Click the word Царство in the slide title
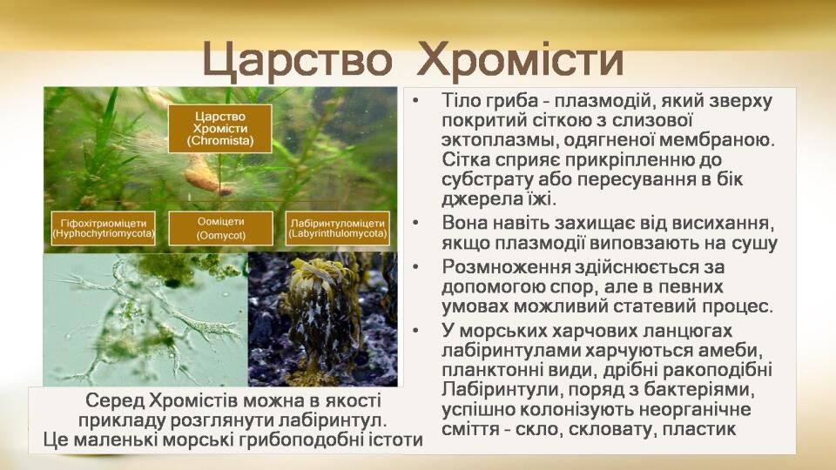[298, 60]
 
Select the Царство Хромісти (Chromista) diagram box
[220, 129]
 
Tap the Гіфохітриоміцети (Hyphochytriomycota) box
[104, 228]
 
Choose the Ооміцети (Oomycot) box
[220, 228]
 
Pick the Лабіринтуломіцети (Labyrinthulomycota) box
[338, 228]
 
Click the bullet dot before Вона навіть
[416, 224]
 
